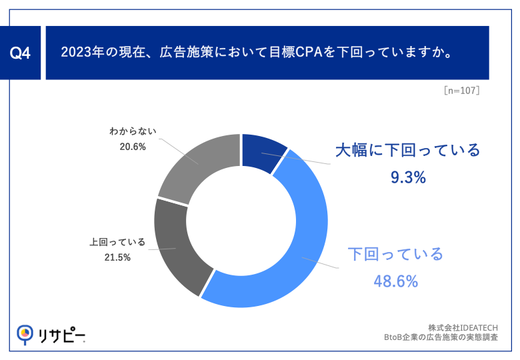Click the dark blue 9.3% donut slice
[263, 151]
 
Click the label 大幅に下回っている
[407, 150]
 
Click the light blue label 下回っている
[395, 254]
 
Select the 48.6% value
[395, 281]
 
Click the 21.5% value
[117, 257]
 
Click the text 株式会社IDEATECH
[463, 327]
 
